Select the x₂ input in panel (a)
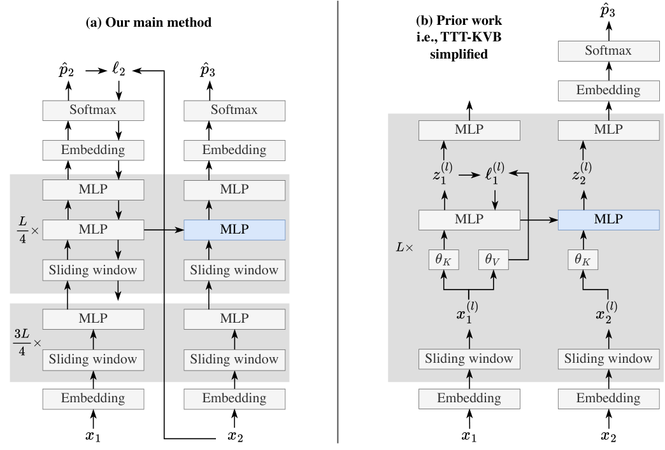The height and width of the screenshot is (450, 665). point(236,437)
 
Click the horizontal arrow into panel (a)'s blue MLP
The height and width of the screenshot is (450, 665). point(164,226)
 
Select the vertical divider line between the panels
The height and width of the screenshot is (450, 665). point(337,223)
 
